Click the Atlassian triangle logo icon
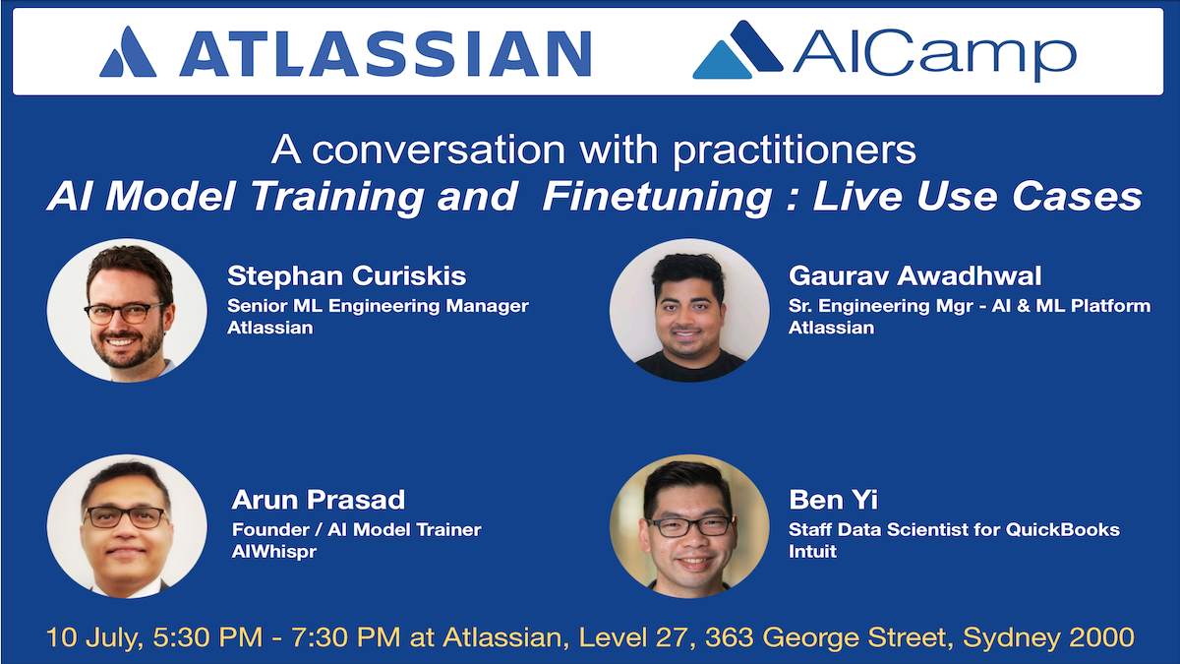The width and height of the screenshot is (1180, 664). (x=128, y=52)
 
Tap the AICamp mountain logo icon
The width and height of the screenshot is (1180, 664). (x=737, y=50)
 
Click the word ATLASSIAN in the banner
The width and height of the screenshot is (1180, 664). (x=385, y=54)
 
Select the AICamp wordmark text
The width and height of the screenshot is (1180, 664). (x=934, y=54)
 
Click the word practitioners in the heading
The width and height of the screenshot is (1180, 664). (x=795, y=151)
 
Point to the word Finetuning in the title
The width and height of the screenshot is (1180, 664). (x=657, y=197)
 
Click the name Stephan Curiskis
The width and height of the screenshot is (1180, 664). (x=346, y=275)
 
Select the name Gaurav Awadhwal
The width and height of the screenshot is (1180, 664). (x=915, y=275)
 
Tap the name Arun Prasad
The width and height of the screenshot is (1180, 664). (x=319, y=500)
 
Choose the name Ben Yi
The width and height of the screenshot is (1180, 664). (x=834, y=500)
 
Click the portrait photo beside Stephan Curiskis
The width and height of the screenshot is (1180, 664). (x=127, y=311)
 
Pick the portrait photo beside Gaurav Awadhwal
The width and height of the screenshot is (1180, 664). (x=689, y=311)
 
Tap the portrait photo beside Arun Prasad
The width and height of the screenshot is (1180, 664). (x=127, y=526)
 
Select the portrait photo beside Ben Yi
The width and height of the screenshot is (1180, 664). (x=689, y=526)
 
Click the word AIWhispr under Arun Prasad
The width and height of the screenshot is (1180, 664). (x=274, y=552)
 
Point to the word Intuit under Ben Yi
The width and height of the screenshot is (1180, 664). (x=812, y=551)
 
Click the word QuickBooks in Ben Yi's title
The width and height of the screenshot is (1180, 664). (x=1063, y=529)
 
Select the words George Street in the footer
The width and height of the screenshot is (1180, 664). (x=854, y=638)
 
